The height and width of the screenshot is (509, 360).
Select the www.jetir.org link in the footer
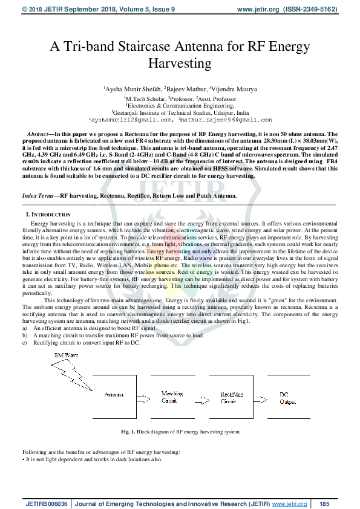pyautogui.click(x=289, y=504)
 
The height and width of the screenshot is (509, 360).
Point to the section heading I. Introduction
pyautogui.click(x=48, y=215)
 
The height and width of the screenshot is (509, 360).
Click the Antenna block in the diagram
pyautogui.click(x=114, y=394)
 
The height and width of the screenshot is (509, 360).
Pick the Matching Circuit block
pyautogui.click(x=171, y=397)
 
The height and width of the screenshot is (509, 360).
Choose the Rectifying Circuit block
pyautogui.click(x=229, y=397)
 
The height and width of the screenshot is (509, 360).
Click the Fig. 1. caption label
pyautogui.click(x=128, y=432)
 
